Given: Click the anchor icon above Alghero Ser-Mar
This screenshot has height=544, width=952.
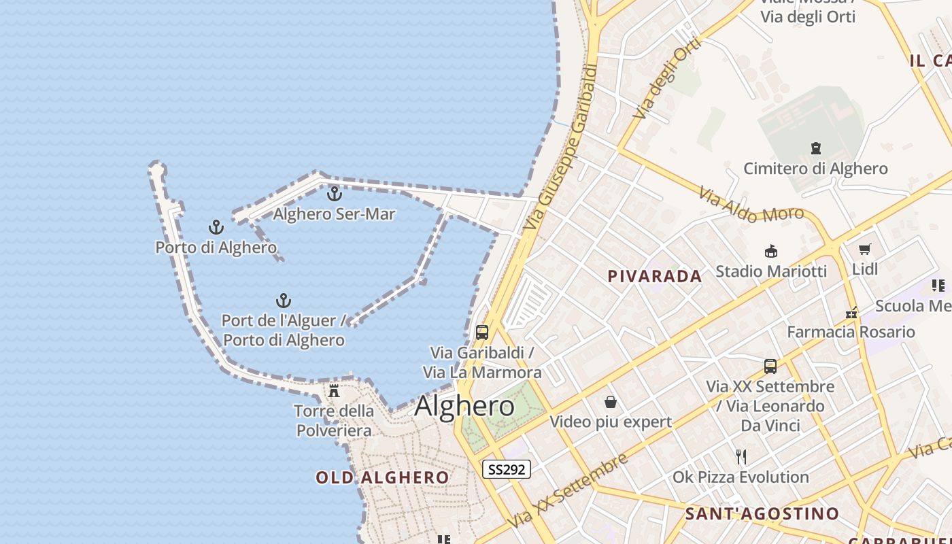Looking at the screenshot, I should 334,194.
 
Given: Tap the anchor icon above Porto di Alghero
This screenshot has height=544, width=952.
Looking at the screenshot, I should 216,227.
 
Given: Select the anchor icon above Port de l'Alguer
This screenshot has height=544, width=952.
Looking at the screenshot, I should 283,301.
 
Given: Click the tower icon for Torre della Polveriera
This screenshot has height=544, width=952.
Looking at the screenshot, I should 334,391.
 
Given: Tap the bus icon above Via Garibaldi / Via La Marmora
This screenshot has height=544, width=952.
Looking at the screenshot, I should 482,333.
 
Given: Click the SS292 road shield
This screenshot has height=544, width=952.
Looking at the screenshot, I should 506,469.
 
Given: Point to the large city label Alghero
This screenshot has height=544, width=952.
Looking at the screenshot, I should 464,406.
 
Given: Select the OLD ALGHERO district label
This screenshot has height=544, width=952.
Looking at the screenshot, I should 382,477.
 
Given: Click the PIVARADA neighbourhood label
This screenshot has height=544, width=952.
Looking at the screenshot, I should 654,276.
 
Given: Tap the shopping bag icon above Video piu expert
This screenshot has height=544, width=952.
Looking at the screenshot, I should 611,402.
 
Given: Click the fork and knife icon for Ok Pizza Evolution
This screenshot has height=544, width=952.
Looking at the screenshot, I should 741,457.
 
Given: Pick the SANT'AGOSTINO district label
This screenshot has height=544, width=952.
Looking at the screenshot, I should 762,513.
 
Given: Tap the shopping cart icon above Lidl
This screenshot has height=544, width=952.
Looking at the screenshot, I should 864,250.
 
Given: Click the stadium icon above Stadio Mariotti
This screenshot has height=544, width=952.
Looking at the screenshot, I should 771,252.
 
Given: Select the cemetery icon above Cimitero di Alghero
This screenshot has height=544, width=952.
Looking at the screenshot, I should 815,148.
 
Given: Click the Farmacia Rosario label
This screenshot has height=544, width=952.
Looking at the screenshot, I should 851,332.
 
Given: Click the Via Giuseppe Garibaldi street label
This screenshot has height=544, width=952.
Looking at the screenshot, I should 562,146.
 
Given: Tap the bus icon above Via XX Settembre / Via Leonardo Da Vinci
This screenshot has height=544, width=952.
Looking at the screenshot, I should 770,367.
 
